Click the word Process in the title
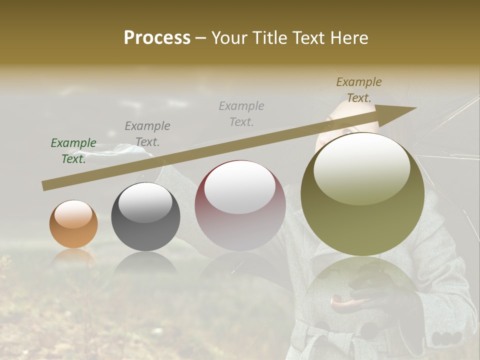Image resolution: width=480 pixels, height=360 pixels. tap(157, 38)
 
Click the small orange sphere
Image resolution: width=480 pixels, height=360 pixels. tap(73, 224)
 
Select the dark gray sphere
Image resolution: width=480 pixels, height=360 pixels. tap(145, 217)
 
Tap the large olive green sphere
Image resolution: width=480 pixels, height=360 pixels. tap(362, 195)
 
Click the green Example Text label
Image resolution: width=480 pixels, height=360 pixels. tap(73, 150)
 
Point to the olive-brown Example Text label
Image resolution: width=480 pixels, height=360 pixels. tap(358, 89)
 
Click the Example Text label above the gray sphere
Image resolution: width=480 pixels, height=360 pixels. tap(147, 133)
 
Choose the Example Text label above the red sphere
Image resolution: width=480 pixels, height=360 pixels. tap(241, 113)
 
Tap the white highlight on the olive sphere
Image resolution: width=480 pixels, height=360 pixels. tap(361, 167)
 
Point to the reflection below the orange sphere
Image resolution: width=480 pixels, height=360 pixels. tap(73, 257)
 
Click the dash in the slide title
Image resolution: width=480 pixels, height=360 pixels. tap(200, 38)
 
